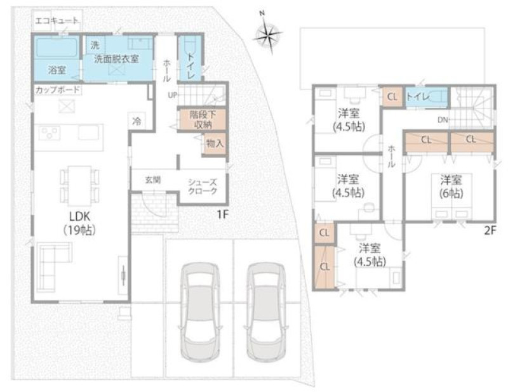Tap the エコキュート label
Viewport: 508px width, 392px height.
click(57, 21)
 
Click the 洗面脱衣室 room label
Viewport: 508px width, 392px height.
click(117, 59)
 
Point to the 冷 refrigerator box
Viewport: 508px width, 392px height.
click(137, 121)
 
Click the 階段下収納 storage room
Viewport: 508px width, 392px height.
click(203, 119)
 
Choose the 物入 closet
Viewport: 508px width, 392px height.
click(215, 143)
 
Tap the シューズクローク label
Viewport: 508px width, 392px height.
click(203, 186)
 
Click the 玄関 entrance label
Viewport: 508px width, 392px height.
click(153, 180)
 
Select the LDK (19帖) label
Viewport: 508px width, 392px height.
click(79, 223)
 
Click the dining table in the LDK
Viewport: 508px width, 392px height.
click(79, 186)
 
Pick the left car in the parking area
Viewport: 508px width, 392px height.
click(200, 311)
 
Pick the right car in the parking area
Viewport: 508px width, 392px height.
click(266, 311)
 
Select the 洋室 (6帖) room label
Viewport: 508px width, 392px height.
click(451, 186)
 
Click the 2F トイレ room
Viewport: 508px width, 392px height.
click(426, 96)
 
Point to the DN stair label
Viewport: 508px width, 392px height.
click(443, 120)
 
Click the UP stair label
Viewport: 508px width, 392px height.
click(172, 95)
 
